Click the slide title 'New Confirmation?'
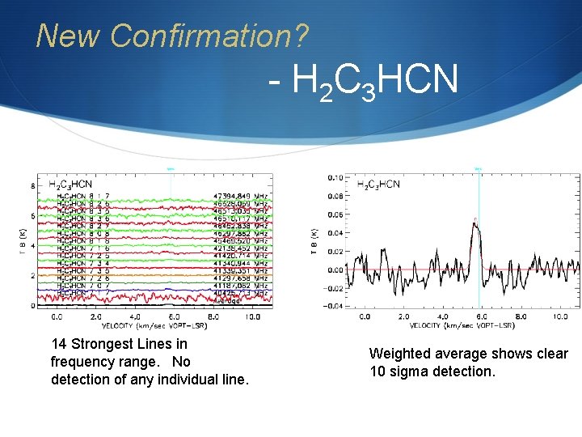tap(172, 36)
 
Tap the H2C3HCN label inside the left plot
tap(70, 185)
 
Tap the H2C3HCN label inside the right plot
tap(378, 185)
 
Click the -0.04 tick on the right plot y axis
tap(331, 306)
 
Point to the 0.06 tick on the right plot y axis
tap(333, 214)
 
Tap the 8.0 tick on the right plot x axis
tap(522, 317)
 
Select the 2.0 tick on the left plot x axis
tap(97, 318)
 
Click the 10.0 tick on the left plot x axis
tap(252, 318)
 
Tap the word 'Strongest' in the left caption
tap(112, 345)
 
